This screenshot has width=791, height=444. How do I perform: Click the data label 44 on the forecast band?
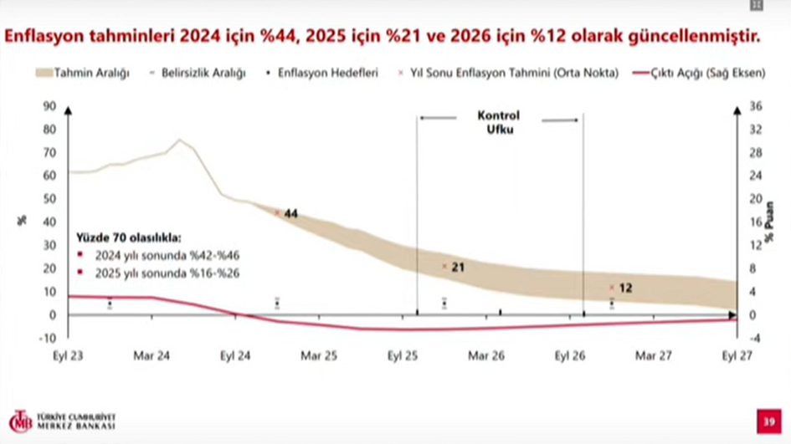pyautogui.click(x=291, y=214)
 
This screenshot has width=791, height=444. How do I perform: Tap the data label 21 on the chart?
pyautogui.click(x=458, y=268)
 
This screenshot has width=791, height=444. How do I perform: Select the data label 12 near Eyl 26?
pyautogui.click(x=625, y=288)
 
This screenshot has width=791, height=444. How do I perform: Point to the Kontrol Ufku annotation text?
pyautogui.click(x=498, y=122)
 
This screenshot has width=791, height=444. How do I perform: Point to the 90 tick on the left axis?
pyautogui.click(x=49, y=105)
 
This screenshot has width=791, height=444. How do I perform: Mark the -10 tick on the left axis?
pyautogui.click(x=48, y=338)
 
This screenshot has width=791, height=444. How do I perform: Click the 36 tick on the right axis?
pyautogui.click(x=755, y=105)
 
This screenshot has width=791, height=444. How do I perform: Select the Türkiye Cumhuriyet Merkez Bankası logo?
pyautogui.click(x=63, y=421)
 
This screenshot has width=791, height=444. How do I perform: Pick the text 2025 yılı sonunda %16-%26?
pyautogui.click(x=157, y=273)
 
